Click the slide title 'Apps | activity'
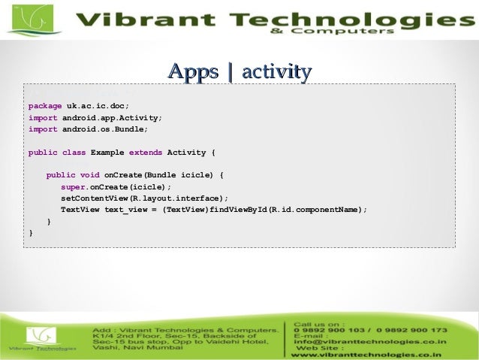pos(239,72)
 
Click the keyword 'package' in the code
pos(44,106)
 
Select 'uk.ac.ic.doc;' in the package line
pos(92,106)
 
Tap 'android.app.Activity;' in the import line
pos(112,118)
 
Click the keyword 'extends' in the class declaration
pos(146,153)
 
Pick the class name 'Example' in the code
pos(107,153)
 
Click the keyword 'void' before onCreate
pos(89,175)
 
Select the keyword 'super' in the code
pos(73,187)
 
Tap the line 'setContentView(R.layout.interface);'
pos(144,198)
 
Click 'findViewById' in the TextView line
pos(239,210)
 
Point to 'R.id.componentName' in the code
pos(315,210)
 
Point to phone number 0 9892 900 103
pos(333,330)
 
